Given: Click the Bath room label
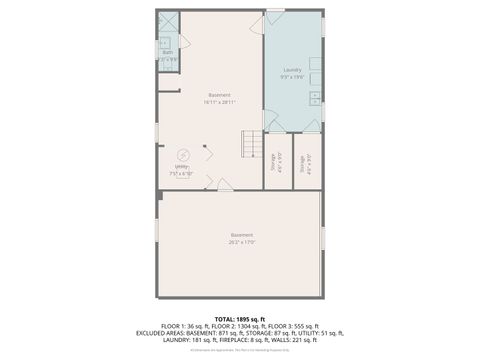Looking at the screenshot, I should (x=167, y=52).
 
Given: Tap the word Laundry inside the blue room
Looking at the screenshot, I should (x=292, y=70).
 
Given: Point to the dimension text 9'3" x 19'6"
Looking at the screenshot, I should (x=292, y=77).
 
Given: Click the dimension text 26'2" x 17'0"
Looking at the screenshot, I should (x=241, y=241).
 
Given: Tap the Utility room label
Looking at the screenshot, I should (x=182, y=166).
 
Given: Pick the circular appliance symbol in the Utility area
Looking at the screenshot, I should (x=183, y=154).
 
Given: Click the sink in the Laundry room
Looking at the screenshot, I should (x=314, y=98).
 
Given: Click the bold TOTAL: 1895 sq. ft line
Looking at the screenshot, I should (x=240, y=319).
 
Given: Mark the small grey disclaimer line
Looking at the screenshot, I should (x=240, y=349).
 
